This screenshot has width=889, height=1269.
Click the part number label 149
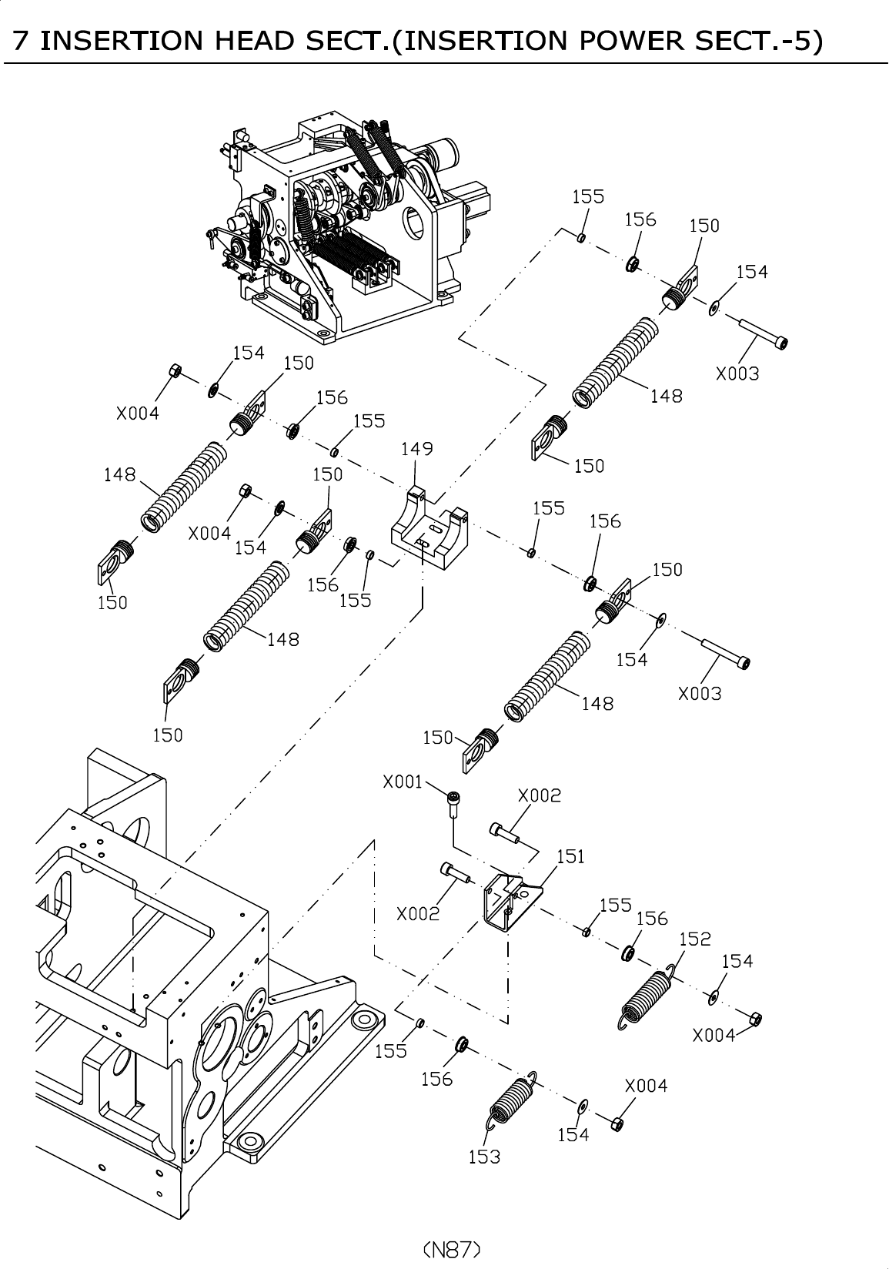tap(416, 449)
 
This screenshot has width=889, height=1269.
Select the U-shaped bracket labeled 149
tap(429, 527)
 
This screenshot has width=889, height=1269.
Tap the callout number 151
tap(570, 856)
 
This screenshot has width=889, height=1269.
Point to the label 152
tap(695, 939)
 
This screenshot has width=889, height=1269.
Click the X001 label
tap(403, 782)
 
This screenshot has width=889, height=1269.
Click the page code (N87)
tap(452, 1249)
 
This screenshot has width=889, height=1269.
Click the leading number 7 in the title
tap(20, 41)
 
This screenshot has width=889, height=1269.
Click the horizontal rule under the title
tap(446, 63)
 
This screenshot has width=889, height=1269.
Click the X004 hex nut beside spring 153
tap(618, 1123)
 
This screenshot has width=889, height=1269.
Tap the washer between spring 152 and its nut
tap(713, 998)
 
